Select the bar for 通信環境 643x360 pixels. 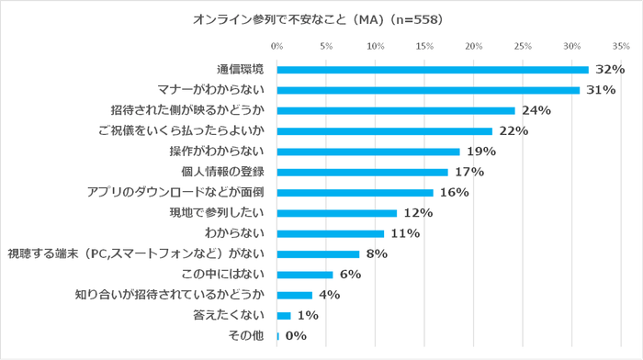coord(433,70)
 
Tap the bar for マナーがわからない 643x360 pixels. coord(428,90)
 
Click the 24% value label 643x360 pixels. coord(536,111)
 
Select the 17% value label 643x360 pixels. coord(468,173)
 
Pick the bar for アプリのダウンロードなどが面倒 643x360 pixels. coord(355,193)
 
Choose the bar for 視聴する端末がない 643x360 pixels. coord(318,254)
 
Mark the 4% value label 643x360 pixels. coord(329,296)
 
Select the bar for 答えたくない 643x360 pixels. coord(284,316)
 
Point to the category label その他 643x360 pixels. coord(248,336)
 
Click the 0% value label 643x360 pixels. coord(295,337)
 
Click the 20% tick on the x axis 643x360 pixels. coord(474,45)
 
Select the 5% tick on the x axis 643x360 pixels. coord(326,45)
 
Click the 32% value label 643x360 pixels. coord(610,70)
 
